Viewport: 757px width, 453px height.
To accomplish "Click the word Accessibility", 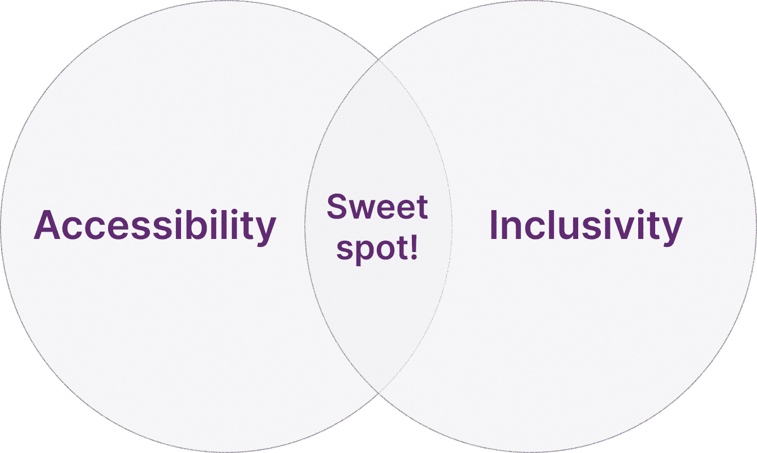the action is click(155, 225).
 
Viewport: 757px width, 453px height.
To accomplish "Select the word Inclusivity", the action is click(586, 225).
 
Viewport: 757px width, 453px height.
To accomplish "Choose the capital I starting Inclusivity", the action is click(493, 225).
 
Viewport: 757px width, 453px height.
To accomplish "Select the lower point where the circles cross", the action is click(378, 392).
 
